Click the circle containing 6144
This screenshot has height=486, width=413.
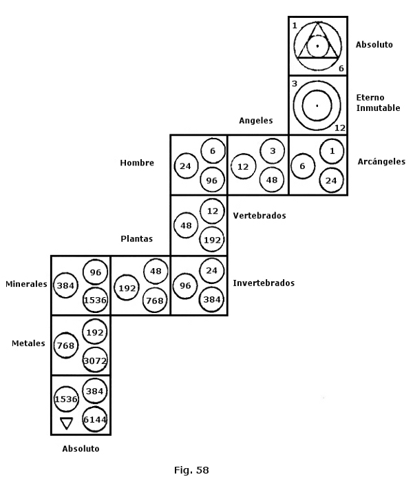tap(95, 420)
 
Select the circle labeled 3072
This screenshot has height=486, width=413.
tap(95, 360)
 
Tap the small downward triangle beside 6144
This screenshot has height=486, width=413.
tap(66, 423)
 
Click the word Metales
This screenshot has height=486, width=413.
tap(28, 343)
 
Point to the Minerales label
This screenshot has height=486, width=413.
tap(26, 284)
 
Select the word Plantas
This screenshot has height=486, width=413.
tap(136, 239)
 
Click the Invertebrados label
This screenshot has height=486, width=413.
tap(264, 283)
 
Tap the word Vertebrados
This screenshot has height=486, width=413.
tap(260, 215)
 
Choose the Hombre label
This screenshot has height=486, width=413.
tap(137, 163)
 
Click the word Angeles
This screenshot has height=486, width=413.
tap(256, 121)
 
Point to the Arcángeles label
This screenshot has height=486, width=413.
tap(381, 161)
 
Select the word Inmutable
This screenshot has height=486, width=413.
tap(378, 108)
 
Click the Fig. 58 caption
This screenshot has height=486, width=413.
tap(191, 470)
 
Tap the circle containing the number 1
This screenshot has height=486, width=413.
tap(332, 151)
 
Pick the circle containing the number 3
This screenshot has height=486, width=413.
tap(273, 151)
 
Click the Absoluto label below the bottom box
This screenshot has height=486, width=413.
tap(81, 449)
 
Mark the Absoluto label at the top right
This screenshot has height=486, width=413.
tap(374, 45)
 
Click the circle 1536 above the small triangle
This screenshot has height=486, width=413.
tap(66, 399)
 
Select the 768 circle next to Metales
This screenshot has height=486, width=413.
tap(66, 345)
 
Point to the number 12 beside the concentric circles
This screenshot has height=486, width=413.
tap(339, 128)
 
